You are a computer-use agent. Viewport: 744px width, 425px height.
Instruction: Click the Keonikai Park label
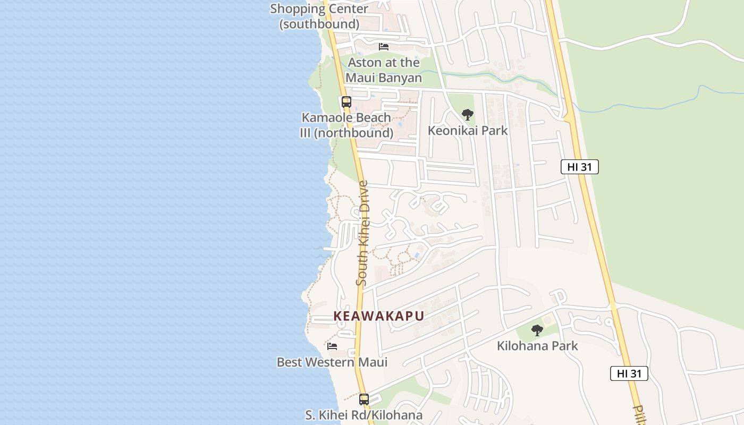pos(468,130)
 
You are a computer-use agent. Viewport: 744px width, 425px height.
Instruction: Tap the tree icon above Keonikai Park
pos(467,114)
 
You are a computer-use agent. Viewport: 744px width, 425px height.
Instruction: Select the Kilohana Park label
pos(537,346)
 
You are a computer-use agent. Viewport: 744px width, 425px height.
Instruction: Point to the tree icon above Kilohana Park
pos(537,330)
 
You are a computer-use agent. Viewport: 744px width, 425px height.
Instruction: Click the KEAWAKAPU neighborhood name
pos(378,316)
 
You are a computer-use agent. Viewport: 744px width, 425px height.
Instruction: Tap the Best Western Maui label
pos(332,362)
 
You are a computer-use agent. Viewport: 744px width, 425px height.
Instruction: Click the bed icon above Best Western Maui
pos(332,346)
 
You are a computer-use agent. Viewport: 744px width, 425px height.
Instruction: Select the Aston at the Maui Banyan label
pos(384,70)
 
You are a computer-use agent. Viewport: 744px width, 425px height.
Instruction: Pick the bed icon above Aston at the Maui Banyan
pos(384,47)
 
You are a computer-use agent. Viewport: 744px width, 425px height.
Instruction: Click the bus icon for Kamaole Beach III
pos(346,101)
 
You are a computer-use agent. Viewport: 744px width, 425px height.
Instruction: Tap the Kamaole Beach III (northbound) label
pos(346,125)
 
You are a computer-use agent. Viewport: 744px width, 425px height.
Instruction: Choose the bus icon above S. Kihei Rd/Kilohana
pos(364,399)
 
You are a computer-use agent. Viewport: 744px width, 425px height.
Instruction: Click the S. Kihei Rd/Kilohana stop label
pos(364,415)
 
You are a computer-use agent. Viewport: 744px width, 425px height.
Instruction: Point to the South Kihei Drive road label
pos(363,234)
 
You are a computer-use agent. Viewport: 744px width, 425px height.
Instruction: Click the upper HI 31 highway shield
pos(579,167)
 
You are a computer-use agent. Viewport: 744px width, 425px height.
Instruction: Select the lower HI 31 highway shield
pos(629,373)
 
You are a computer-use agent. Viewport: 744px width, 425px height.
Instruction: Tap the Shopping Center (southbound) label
pos(319,16)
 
